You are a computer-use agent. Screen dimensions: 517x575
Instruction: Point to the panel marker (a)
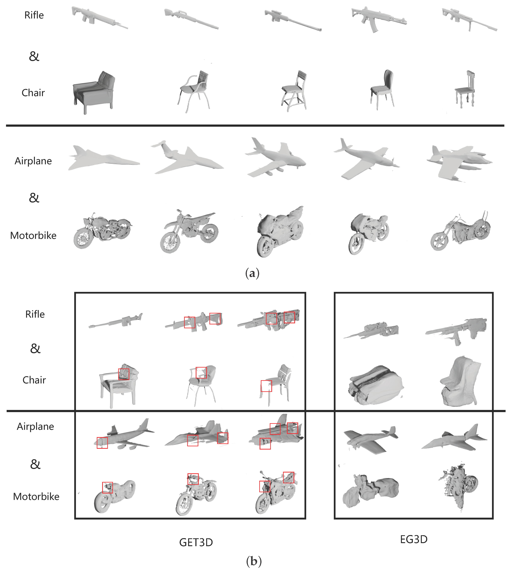tap(252, 273)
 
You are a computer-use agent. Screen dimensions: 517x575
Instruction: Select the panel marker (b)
tap(254, 561)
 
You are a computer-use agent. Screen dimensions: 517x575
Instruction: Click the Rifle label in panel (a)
tap(34, 15)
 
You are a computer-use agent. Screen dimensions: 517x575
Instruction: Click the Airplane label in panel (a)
tap(33, 161)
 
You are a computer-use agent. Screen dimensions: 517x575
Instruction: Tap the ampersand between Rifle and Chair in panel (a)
tap(34, 56)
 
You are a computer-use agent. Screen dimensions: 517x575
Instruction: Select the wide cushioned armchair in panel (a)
tap(94, 92)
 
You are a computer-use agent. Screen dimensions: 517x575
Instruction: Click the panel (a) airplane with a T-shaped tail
tap(188, 158)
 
